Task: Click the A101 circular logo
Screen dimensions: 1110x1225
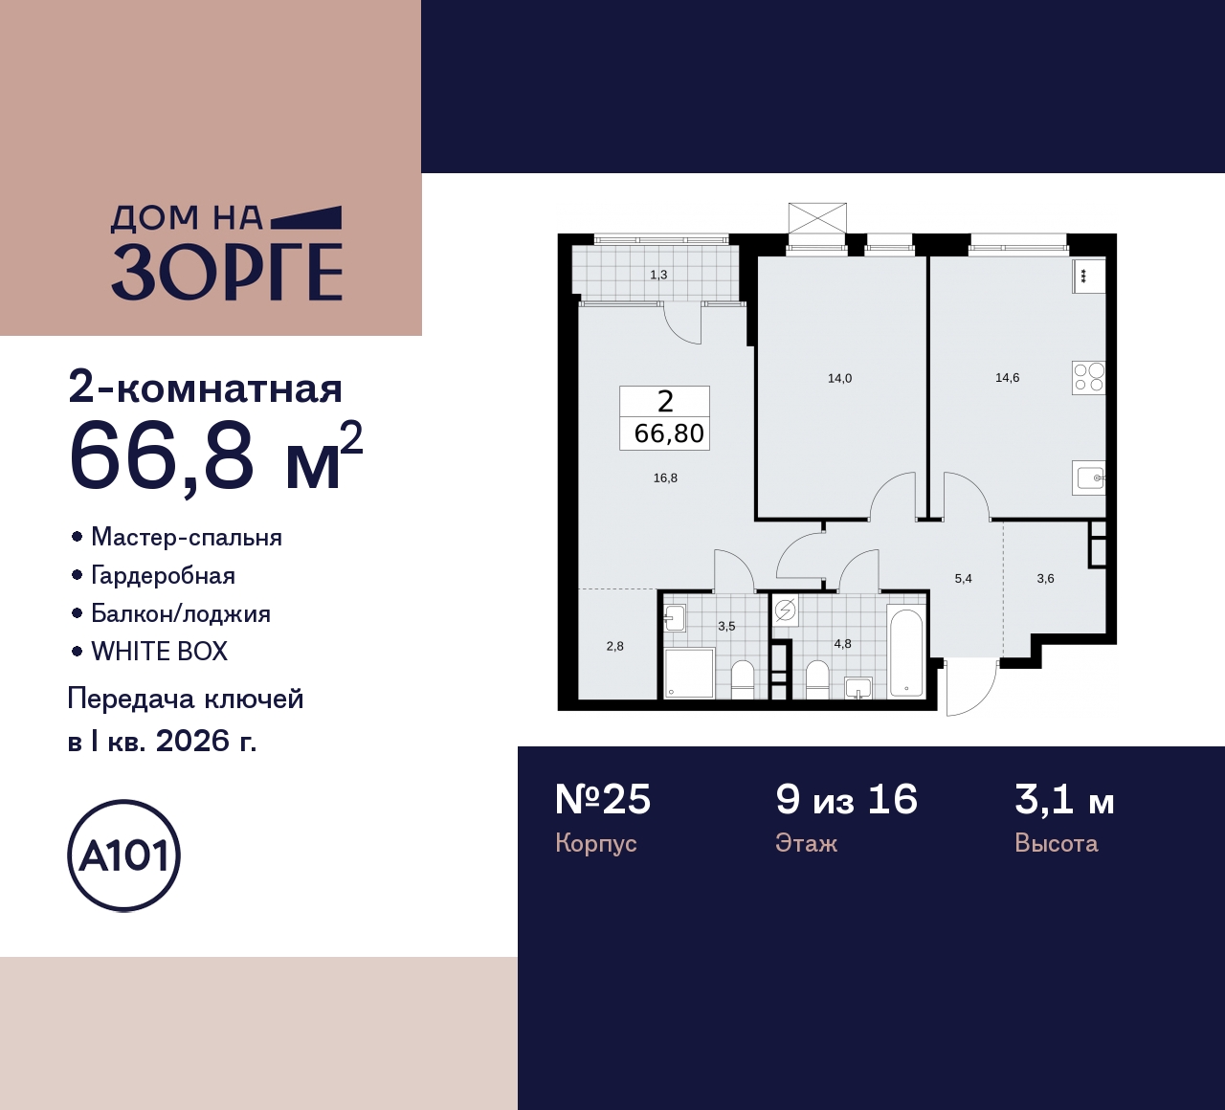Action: tap(124, 855)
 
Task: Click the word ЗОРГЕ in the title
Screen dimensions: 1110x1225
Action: tap(227, 273)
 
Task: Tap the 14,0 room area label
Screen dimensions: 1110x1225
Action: tap(839, 379)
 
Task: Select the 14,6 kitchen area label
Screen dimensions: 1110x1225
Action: tap(1007, 378)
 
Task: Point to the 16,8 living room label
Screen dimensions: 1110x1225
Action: tap(665, 478)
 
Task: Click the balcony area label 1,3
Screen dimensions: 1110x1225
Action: tap(658, 276)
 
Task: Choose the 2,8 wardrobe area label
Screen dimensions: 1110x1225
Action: tap(614, 647)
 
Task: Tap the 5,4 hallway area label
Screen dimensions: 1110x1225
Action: tap(963, 579)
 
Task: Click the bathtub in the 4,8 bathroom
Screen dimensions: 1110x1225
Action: tap(904, 651)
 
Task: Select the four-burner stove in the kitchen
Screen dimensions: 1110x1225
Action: tap(1089, 378)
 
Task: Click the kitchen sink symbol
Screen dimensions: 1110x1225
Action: tap(1090, 476)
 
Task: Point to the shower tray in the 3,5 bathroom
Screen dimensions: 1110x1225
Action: tap(689, 673)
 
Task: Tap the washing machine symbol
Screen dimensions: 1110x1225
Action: tap(785, 610)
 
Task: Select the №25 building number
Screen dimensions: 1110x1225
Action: tap(603, 800)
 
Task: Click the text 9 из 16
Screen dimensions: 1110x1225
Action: tap(846, 800)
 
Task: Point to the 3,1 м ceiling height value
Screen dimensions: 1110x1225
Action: tap(1064, 800)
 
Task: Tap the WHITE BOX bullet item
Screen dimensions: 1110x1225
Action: tap(159, 652)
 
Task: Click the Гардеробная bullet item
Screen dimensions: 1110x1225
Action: tap(163, 576)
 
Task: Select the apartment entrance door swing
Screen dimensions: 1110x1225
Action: tap(969, 687)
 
